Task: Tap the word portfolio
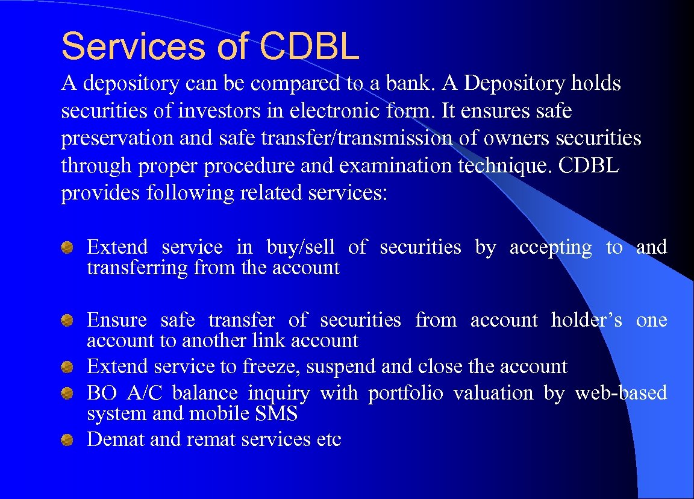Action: pos(405,393)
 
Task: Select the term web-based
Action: pos(621,393)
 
